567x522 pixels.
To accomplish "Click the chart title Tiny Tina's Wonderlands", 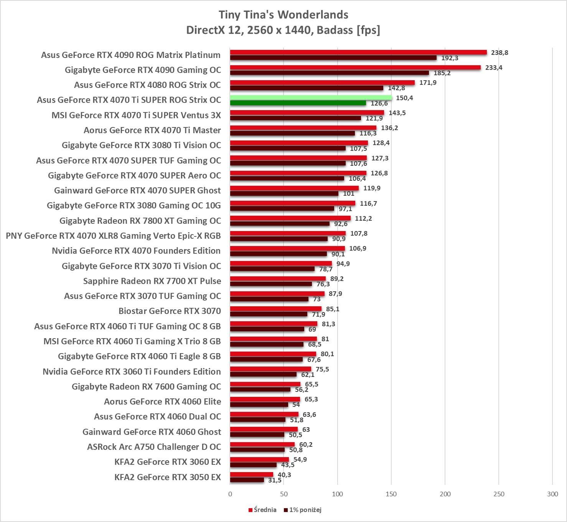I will coord(283,15).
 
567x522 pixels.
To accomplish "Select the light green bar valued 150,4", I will coord(311,98).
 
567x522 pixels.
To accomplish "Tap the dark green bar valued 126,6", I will coord(298,103).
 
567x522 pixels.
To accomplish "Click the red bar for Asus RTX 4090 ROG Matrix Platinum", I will coord(358,53).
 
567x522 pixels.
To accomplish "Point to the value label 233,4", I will coord(494,68).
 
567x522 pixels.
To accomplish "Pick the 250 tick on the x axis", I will coord(499,494).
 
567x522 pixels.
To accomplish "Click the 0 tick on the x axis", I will coord(230,494).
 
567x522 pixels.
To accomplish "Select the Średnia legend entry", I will coord(262,510).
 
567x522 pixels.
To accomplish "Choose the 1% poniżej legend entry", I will coord(303,510).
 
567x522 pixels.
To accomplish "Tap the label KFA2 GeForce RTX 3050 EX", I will coord(168,477).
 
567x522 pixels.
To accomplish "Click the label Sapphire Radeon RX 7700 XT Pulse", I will coord(152,281).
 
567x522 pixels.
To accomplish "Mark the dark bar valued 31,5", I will coord(247,480).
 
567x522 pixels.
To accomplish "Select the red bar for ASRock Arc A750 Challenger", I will coord(262,444).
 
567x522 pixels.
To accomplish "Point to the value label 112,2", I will coord(363,218).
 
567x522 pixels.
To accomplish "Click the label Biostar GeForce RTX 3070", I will coord(170,311).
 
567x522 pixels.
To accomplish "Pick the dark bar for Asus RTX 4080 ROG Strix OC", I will coord(307,88).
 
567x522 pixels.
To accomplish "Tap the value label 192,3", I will coord(450,58).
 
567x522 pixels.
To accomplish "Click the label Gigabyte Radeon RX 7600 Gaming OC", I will coord(146,387).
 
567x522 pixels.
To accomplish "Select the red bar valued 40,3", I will coord(252,475).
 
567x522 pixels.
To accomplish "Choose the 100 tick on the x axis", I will coord(338,494).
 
